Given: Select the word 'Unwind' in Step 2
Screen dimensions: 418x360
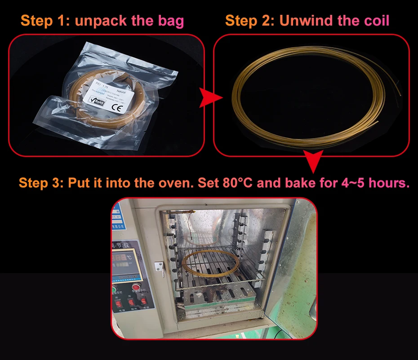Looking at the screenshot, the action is point(302,21).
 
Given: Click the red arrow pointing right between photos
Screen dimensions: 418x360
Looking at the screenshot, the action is point(211,97).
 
